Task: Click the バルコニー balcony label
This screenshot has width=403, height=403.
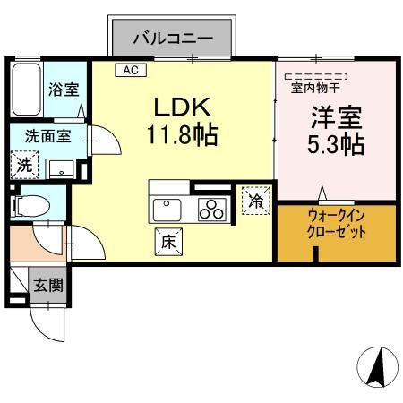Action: (173, 39)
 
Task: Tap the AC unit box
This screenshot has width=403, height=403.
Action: (129, 70)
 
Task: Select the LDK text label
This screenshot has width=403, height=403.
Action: (182, 108)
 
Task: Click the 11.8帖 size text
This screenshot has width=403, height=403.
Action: (182, 137)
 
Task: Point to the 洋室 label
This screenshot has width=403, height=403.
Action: (336, 116)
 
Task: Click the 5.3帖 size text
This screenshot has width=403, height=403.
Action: (336, 144)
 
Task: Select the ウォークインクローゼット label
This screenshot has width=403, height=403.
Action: (336, 223)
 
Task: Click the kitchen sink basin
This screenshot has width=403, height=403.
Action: (167, 210)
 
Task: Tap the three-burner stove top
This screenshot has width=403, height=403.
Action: (212, 210)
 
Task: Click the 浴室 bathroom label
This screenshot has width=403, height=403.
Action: (63, 90)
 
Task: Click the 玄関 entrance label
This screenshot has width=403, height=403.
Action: (47, 286)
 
